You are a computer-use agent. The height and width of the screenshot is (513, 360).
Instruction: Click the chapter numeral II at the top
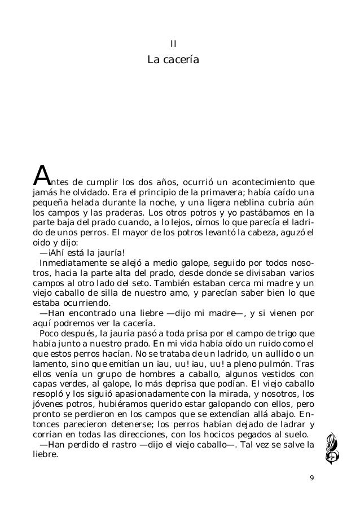(174, 43)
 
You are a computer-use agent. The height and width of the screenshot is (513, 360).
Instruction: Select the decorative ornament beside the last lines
(330, 445)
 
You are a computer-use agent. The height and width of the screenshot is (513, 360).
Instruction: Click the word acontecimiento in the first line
(266, 183)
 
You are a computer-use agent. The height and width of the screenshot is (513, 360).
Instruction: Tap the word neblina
(248, 204)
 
